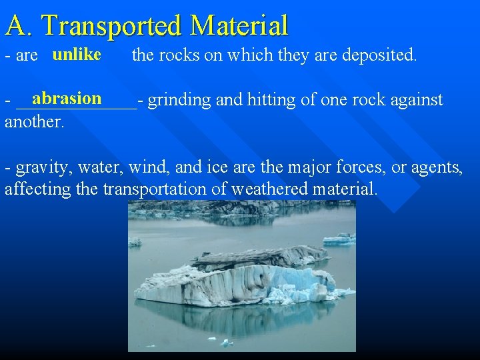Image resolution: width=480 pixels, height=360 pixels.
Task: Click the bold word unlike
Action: (77, 54)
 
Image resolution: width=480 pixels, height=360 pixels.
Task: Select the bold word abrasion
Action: (67, 99)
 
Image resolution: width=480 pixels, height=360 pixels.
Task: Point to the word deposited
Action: (379, 55)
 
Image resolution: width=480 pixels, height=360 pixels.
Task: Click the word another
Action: (34, 122)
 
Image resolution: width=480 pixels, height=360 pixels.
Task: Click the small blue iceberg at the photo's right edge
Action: (340, 239)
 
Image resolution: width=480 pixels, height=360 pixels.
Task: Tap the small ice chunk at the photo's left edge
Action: (135, 242)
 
